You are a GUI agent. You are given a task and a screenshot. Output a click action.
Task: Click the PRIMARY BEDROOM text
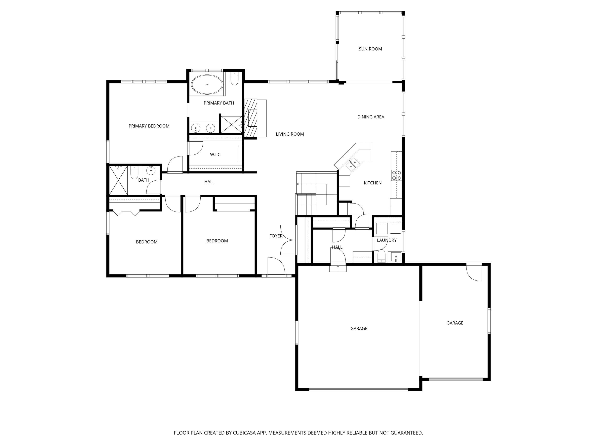149,126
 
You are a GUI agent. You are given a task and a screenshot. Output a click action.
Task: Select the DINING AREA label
371,117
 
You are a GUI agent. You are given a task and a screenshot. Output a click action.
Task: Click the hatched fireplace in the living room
251,118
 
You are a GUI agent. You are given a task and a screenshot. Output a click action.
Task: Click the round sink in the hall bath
151,170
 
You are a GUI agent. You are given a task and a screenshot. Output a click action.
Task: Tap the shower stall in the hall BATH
118,180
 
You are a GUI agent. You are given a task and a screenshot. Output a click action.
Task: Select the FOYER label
276,236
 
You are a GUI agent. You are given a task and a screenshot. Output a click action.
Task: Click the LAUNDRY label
386,240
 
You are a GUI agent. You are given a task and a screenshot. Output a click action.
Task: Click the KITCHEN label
373,183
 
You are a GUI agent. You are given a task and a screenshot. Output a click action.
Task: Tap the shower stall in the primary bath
231,124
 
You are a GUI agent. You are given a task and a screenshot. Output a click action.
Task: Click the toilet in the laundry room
381,256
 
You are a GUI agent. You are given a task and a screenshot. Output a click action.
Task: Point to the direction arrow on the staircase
298,184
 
